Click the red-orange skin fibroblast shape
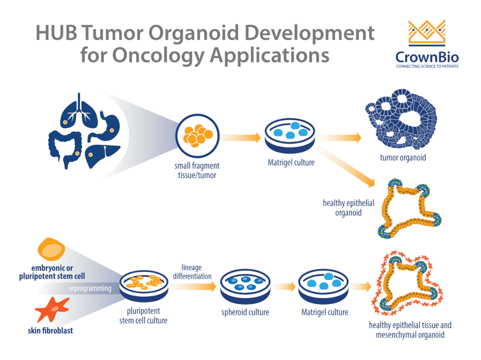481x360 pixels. click(52, 309)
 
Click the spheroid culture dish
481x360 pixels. click(245, 286)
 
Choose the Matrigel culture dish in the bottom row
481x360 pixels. click(324, 286)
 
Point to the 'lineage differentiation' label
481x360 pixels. click(192, 272)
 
